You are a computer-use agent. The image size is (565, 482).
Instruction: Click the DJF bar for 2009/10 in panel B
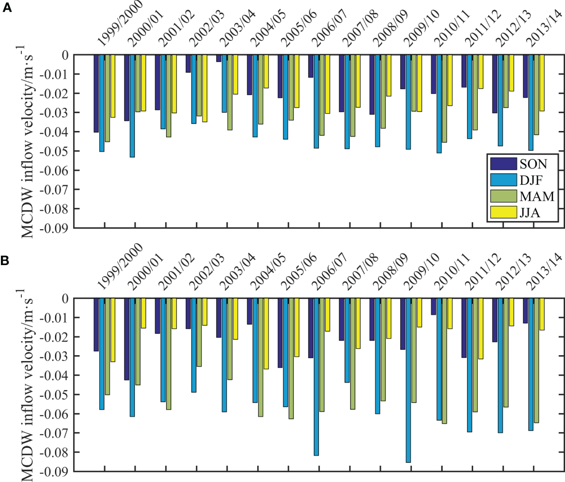408,380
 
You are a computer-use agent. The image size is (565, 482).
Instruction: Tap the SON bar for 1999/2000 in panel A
96,93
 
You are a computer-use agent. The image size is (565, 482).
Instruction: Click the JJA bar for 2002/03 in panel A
204,88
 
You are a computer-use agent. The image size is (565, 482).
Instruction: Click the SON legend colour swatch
503,164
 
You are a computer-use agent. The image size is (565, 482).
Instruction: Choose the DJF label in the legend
531,180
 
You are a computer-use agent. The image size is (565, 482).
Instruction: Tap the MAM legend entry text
537,196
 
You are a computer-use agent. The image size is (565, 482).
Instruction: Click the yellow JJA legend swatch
503,212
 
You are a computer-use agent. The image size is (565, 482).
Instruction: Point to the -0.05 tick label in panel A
54,151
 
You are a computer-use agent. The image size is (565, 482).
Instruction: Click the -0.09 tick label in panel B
54,471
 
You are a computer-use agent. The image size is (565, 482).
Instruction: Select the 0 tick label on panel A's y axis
65,55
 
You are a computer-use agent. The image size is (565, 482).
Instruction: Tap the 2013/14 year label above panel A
544,28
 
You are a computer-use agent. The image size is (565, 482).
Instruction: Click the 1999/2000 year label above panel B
119,266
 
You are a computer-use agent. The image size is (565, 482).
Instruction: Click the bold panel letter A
6,8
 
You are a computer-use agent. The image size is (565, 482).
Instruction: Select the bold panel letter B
5,261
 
